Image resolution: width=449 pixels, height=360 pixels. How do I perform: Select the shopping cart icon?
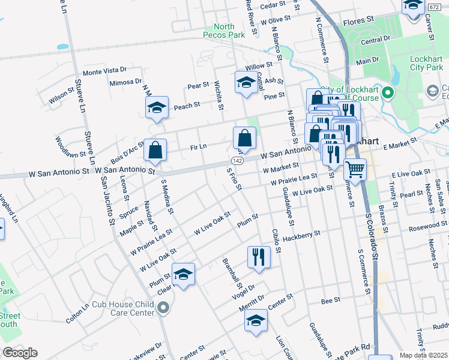[355, 170]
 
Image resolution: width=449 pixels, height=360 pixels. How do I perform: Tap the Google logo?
[20, 352]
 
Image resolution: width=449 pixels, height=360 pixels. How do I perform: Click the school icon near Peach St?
[156, 109]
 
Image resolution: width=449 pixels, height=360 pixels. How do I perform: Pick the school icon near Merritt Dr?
[256, 320]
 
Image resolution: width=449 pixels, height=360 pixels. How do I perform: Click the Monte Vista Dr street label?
[105, 71]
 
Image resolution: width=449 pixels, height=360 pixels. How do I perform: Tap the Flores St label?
[358, 21]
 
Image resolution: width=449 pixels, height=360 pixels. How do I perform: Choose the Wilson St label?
[61, 98]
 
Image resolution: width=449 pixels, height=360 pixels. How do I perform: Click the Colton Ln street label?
[78, 313]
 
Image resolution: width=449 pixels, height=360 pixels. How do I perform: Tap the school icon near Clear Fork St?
[184, 274]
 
